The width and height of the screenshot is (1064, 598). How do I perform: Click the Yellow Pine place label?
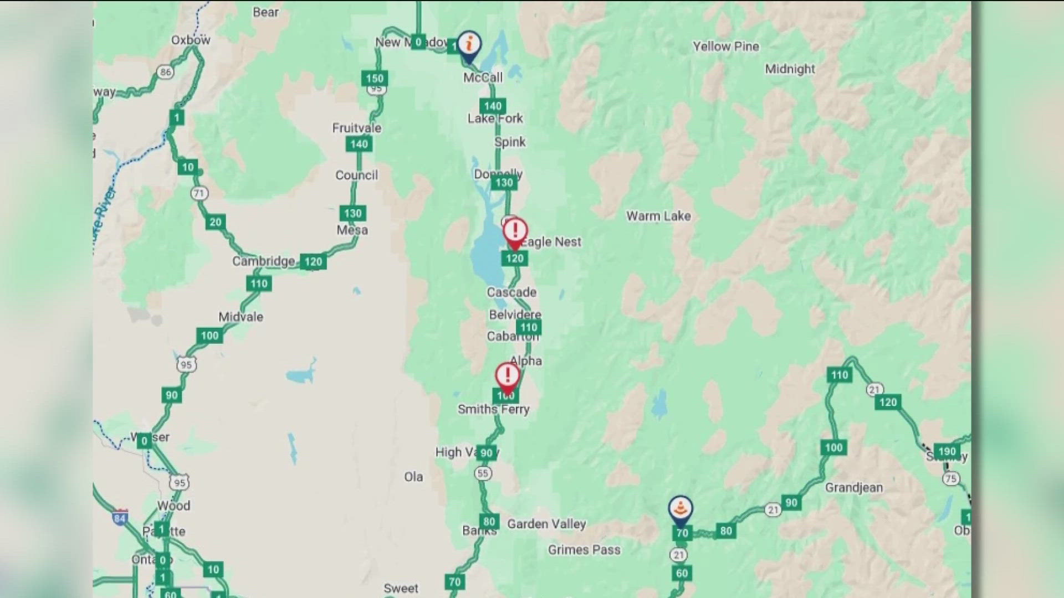(x=725, y=47)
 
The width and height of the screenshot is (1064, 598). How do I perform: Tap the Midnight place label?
(x=790, y=69)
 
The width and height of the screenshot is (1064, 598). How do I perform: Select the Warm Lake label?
(x=658, y=216)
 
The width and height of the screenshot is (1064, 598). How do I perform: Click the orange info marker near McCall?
(x=469, y=44)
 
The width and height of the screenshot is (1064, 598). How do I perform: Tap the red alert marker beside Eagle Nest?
(x=515, y=230)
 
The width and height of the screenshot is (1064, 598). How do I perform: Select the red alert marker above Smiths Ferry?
(x=507, y=375)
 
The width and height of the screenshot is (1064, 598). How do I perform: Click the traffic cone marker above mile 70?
(x=681, y=508)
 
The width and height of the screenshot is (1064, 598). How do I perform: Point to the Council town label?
(x=356, y=176)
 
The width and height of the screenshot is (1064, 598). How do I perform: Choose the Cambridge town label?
(x=263, y=261)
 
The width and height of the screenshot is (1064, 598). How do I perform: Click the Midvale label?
(x=241, y=317)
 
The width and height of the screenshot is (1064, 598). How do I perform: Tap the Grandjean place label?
(x=853, y=488)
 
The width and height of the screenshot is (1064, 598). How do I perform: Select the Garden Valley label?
(x=546, y=524)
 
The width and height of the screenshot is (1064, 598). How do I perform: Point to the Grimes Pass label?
(x=584, y=550)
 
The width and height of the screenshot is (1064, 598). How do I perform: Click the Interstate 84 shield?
(x=120, y=517)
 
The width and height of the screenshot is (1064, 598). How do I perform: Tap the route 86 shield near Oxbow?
(x=165, y=72)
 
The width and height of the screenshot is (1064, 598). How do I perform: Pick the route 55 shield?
(x=483, y=473)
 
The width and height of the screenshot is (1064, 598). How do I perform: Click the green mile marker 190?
(x=947, y=451)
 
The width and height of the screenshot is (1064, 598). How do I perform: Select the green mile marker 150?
(x=375, y=78)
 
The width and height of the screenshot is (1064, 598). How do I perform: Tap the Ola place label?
(x=413, y=477)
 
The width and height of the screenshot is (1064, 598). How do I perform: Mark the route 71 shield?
(x=199, y=193)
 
